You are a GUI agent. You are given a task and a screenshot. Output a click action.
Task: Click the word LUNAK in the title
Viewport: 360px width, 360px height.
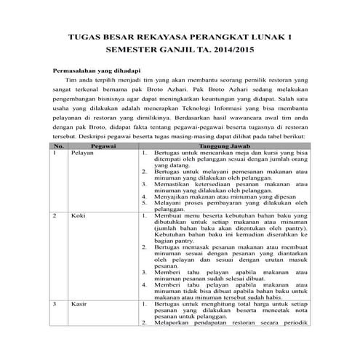coord(266,36)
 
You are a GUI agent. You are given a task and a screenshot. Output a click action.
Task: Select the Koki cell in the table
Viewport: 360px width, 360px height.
coord(78,217)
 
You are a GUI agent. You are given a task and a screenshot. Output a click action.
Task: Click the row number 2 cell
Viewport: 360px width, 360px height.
coord(55,217)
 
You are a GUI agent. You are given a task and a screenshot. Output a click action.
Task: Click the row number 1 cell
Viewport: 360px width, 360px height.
coord(55,174)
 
